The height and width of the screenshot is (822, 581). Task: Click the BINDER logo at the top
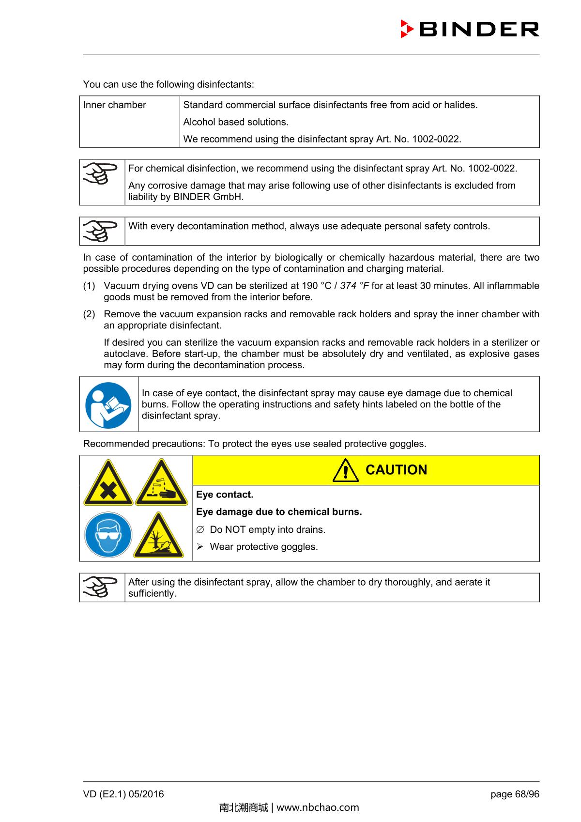[x=470, y=29]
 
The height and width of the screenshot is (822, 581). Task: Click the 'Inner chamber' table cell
[x=115, y=105]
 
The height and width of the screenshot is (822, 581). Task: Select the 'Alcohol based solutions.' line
[x=236, y=122]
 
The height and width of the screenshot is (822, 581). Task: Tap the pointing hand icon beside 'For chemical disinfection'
[x=100, y=174]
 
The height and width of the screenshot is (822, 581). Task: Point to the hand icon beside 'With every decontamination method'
[x=100, y=230]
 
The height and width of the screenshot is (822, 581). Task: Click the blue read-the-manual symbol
[x=108, y=405]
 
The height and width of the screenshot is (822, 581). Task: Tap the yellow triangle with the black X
[x=108, y=483]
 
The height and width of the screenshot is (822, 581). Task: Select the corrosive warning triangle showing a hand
[x=161, y=483]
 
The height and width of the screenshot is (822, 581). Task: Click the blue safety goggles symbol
[x=108, y=535]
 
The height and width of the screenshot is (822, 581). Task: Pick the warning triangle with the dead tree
[x=159, y=536]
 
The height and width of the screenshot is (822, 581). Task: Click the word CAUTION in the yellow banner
[x=396, y=470]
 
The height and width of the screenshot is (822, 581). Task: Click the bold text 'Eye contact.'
[x=225, y=495]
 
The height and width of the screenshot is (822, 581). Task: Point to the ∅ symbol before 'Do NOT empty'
[x=200, y=529]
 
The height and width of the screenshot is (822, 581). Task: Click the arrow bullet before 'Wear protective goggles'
[x=200, y=547]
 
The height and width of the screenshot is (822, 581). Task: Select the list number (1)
[x=89, y=286]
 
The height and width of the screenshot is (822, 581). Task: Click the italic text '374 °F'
[x=354, y=286]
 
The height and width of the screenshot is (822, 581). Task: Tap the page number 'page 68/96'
[x=515, y=794]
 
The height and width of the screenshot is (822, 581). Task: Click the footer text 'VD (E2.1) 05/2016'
[x=123, y=794]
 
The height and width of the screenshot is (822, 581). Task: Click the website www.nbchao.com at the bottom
[x=318, y=807]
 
